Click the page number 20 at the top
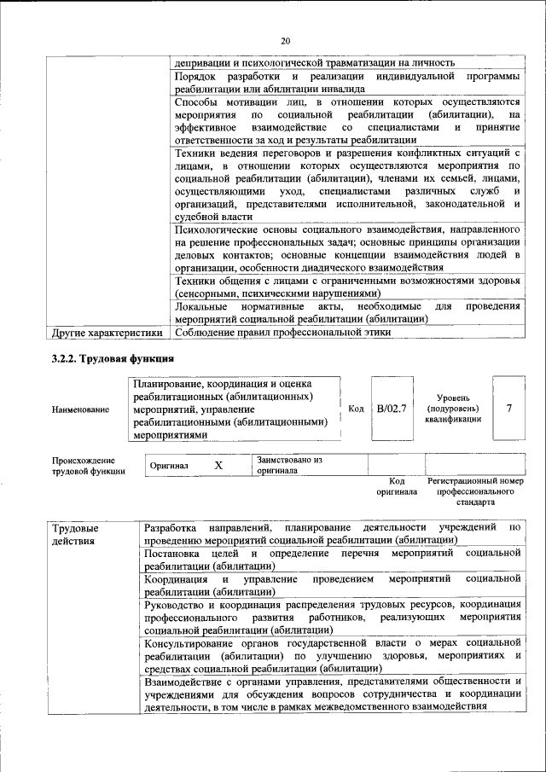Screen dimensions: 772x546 click(x=285, y=40)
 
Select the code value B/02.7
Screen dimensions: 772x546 click(x=392, y=409)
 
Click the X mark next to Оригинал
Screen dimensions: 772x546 click(x=218, y=465)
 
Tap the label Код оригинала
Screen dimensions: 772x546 click(x=396, y=486)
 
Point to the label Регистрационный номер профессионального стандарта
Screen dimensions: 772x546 click(x=476, y=492)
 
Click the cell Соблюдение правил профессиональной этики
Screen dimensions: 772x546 click(x=282, y=333)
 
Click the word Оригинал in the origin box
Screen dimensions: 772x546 click(x=168, y=466)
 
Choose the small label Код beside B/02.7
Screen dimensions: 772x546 click(x=357, y=409)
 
